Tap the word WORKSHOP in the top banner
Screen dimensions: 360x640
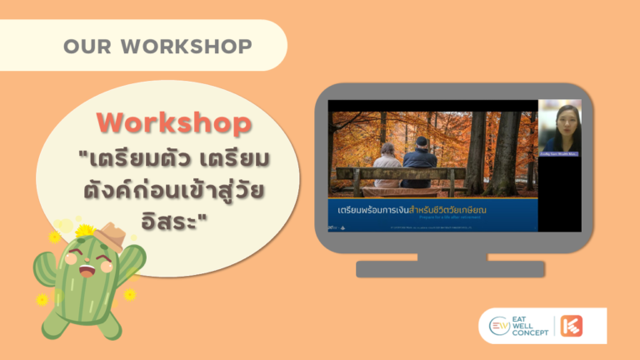(187, 46)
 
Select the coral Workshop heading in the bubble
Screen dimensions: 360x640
(172, 123)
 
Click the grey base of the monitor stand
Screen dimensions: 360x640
(449, 268)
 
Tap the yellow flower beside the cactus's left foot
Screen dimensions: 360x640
(42, 299)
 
